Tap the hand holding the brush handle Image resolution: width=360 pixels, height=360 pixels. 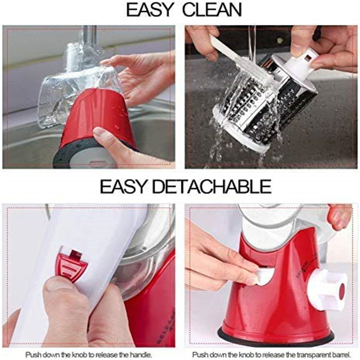point(203,40)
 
